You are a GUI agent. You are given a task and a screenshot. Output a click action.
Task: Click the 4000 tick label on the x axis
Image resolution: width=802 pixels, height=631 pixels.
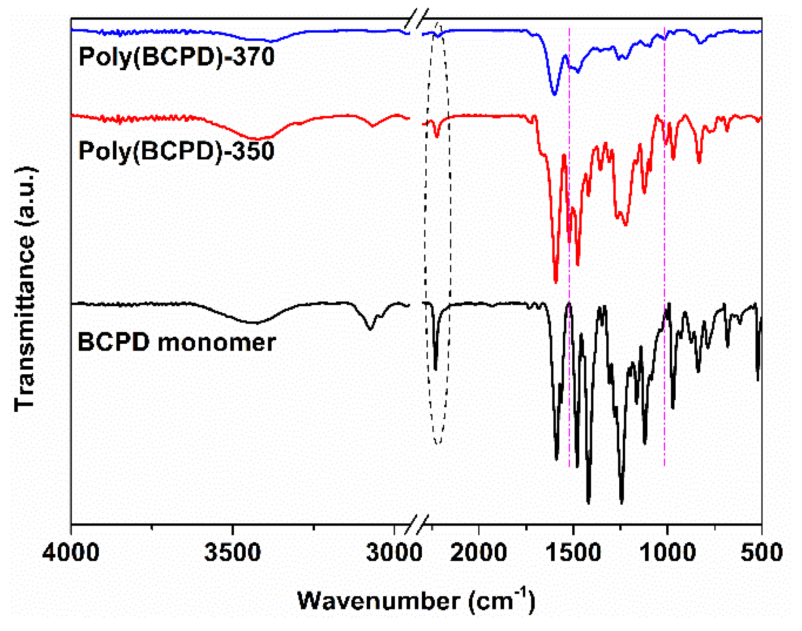coord(71,553)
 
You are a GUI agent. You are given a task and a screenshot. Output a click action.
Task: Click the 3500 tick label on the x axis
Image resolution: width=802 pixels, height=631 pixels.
coord(233,553)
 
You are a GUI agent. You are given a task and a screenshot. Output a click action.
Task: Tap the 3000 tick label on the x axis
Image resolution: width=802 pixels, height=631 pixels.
coord(394,553)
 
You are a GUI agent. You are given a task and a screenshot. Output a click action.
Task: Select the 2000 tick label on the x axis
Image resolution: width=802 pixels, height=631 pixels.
coord(478,553)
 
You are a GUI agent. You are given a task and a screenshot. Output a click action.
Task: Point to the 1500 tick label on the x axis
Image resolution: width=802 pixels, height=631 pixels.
coord(573,553)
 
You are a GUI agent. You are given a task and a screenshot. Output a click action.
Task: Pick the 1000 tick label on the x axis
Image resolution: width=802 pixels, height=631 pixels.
coord(667,553)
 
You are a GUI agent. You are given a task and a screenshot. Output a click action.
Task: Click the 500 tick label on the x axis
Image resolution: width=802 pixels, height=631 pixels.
coord(761,553)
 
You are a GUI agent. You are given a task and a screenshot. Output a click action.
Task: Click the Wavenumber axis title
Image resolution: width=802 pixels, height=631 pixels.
coord(416,600)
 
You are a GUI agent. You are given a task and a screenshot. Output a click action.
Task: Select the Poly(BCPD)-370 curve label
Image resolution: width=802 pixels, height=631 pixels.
coord(176,56)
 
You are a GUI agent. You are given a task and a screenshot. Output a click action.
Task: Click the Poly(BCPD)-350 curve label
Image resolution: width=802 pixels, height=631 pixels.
coord(176,151)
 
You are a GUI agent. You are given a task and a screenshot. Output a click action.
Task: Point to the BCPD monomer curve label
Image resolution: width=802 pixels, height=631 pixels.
coord(176,343)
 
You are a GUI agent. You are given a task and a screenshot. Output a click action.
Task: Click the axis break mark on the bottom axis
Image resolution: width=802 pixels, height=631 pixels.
coord(417,524)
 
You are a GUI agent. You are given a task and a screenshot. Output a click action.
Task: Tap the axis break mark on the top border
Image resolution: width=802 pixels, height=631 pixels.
coord(417,19)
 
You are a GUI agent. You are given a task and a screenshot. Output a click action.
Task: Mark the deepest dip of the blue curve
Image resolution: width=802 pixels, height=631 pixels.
coord(555,94)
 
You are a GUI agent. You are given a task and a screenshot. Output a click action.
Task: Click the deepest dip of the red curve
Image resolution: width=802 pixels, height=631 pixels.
coord(555,281)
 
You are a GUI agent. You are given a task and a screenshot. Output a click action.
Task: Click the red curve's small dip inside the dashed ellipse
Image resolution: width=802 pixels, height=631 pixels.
coord(437,136)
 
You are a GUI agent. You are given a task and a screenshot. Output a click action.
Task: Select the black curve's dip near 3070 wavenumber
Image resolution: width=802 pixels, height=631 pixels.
coord(370,329)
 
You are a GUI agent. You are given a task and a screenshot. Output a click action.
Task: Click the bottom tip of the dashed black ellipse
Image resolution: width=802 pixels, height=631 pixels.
coord(438,444)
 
